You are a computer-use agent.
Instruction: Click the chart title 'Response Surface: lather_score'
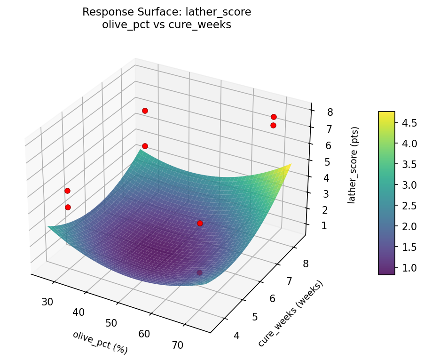point(166,12)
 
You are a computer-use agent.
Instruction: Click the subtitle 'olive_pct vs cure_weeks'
point(166,25)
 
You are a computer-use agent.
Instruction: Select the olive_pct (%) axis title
point(100,342)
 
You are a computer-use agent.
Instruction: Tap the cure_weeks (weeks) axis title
point(291,313)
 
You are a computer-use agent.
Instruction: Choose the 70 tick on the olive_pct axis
point(178,345)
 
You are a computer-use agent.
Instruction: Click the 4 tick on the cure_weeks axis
point(236,336)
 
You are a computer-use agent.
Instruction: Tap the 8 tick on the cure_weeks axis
point(305,264)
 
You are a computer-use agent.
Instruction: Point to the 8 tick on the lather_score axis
point(330,112)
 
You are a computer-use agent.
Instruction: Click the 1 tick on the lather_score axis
point(324,226)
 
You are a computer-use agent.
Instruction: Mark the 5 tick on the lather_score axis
point(328,161)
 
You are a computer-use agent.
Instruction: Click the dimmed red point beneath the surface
point(199,272)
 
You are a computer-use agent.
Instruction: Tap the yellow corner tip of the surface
point(290,165)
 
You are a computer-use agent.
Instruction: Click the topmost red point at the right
point(274,117)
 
